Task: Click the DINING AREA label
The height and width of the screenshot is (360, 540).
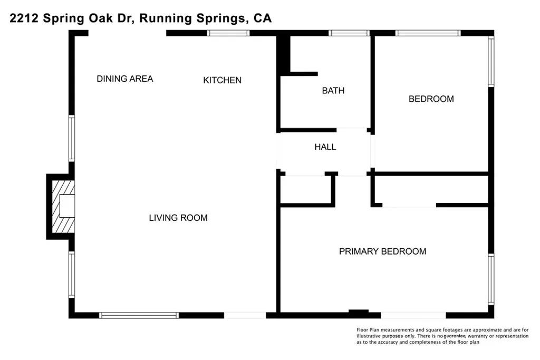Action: tap(125, 79)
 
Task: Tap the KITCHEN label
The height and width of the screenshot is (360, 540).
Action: tap(223, 80)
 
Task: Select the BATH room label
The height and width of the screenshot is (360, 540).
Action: tap(333, 91)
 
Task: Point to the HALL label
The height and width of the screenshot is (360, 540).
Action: tap(325, 147)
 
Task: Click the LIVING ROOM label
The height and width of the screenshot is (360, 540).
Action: tap(178, 218)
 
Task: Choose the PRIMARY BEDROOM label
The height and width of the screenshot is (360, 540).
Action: tap(382, 251)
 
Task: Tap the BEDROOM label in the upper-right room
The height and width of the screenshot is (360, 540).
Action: tap(431, 99)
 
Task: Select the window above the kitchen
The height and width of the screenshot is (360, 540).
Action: tap(228, 33)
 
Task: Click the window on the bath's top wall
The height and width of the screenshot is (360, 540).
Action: tap(349, 33)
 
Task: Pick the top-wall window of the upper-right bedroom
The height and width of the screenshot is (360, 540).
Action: tap(428, 33)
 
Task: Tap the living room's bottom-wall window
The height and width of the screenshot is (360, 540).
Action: tap(139, 315)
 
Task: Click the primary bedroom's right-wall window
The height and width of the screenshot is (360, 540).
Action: tap(491, 279)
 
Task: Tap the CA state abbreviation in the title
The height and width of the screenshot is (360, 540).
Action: tap(263, 19)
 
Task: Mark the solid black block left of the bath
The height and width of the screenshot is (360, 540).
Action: tap(284, 53)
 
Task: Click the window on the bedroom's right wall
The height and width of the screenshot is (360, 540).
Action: tap(491, 61)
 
